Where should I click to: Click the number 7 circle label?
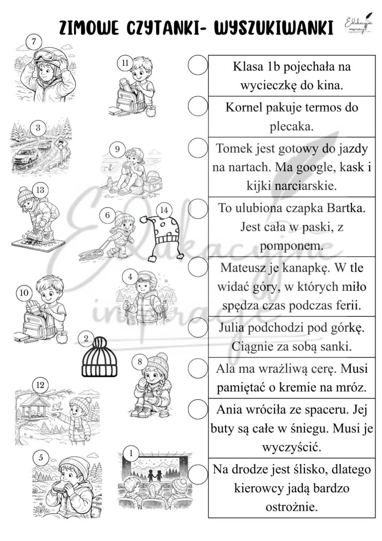click(33, 42)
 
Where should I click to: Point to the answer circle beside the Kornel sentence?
click(198, 106)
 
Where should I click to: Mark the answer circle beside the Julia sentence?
click(198, 327)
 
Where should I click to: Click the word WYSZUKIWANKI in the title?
click(274, 28)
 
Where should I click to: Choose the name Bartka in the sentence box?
click(346, 208)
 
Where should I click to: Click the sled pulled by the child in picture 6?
click(91, 255)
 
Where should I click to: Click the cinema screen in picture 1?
click(156, 471)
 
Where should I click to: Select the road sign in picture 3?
click(60, 143)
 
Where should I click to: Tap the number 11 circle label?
click(125, 63)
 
